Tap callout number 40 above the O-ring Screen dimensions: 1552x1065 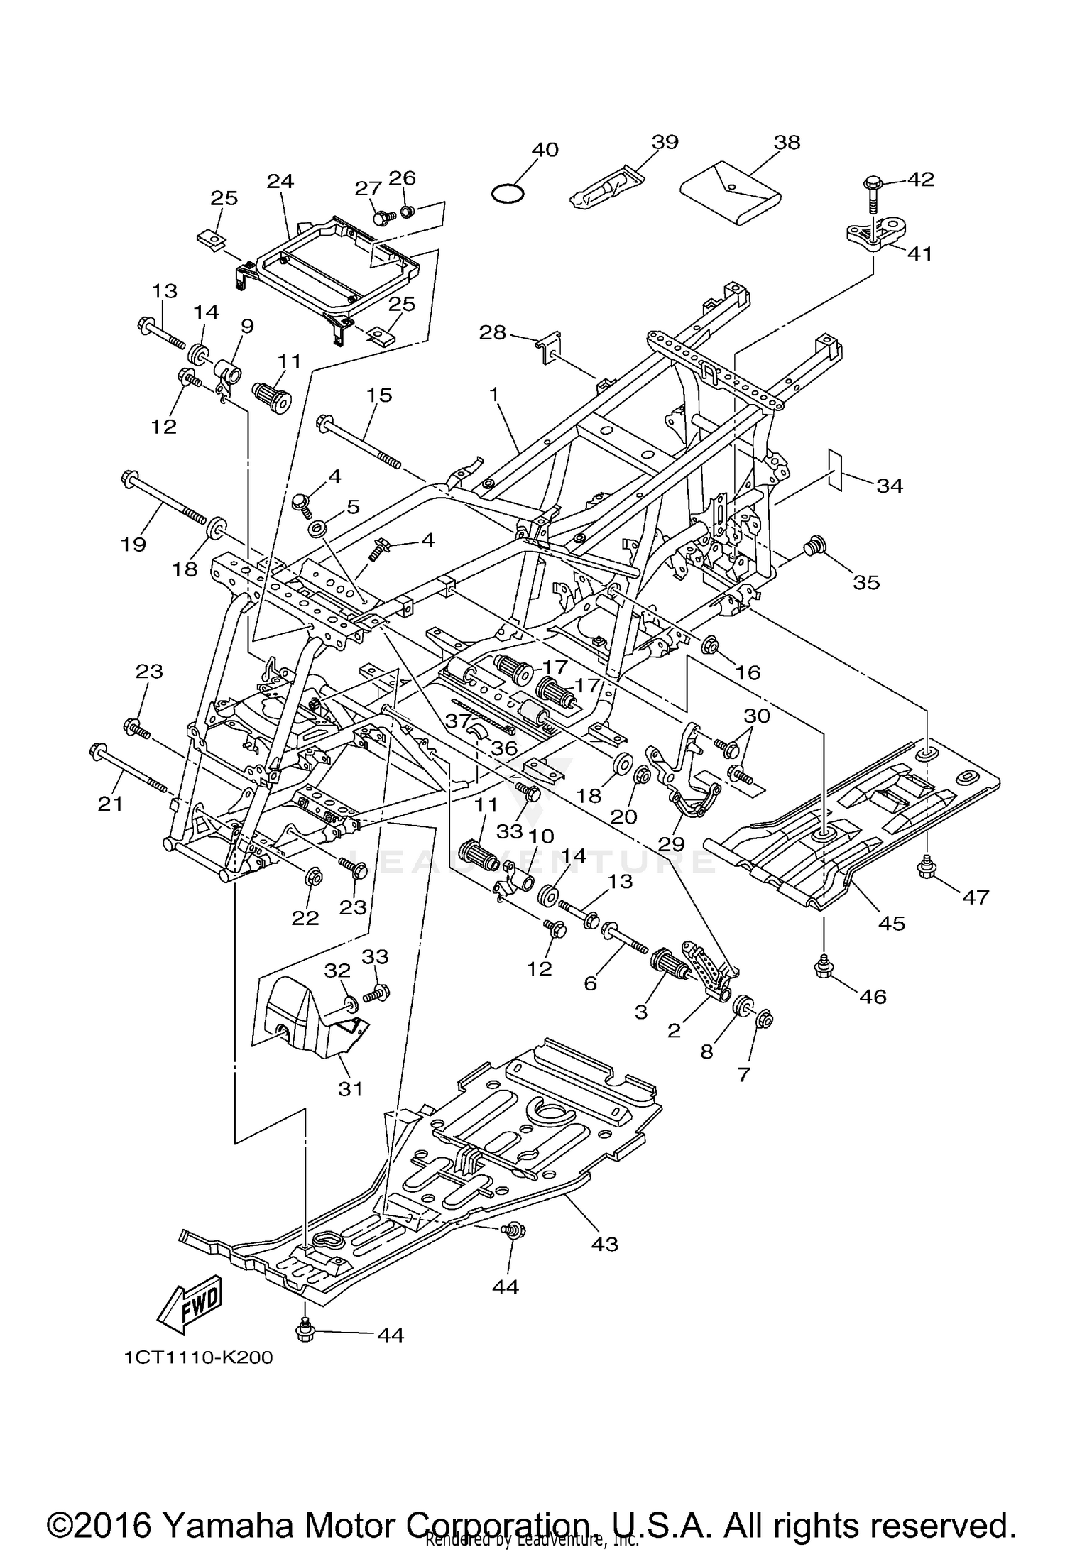point(545,150)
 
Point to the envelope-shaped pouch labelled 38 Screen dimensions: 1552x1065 point(731,190)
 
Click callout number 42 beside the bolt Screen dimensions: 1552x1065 point(921,179)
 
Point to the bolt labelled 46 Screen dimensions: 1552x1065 point(824,966)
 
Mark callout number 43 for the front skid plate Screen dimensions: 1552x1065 point(605,1244)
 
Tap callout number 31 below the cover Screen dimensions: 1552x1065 point(350,1088)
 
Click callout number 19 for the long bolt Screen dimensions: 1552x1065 point(133,544)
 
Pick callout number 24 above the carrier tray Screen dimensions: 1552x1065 point(280,181)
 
